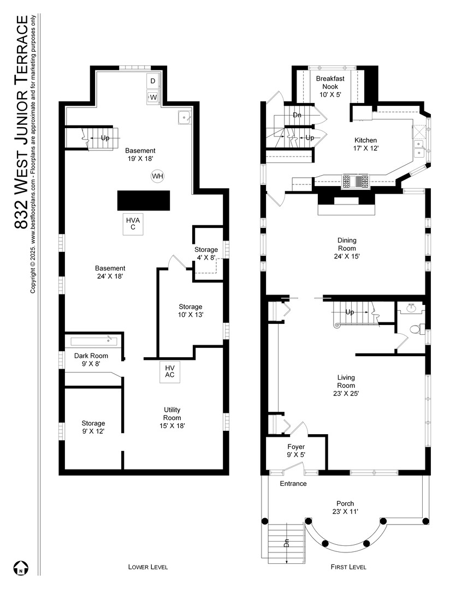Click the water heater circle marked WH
coord(157,176)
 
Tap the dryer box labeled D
coord(153,81)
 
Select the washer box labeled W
coord(153,97)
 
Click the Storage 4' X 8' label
coord(206,254)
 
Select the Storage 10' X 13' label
coord(190,311)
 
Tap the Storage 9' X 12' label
coord(93,427)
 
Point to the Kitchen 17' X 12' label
coord(365,144)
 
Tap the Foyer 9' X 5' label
coord(296,450)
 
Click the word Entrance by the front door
coord(293,484)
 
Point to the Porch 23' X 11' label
coord(345,507)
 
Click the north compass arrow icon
coord(21,567)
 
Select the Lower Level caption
coord(147,567)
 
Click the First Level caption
coord(348,567)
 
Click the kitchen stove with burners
coord(356,181)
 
